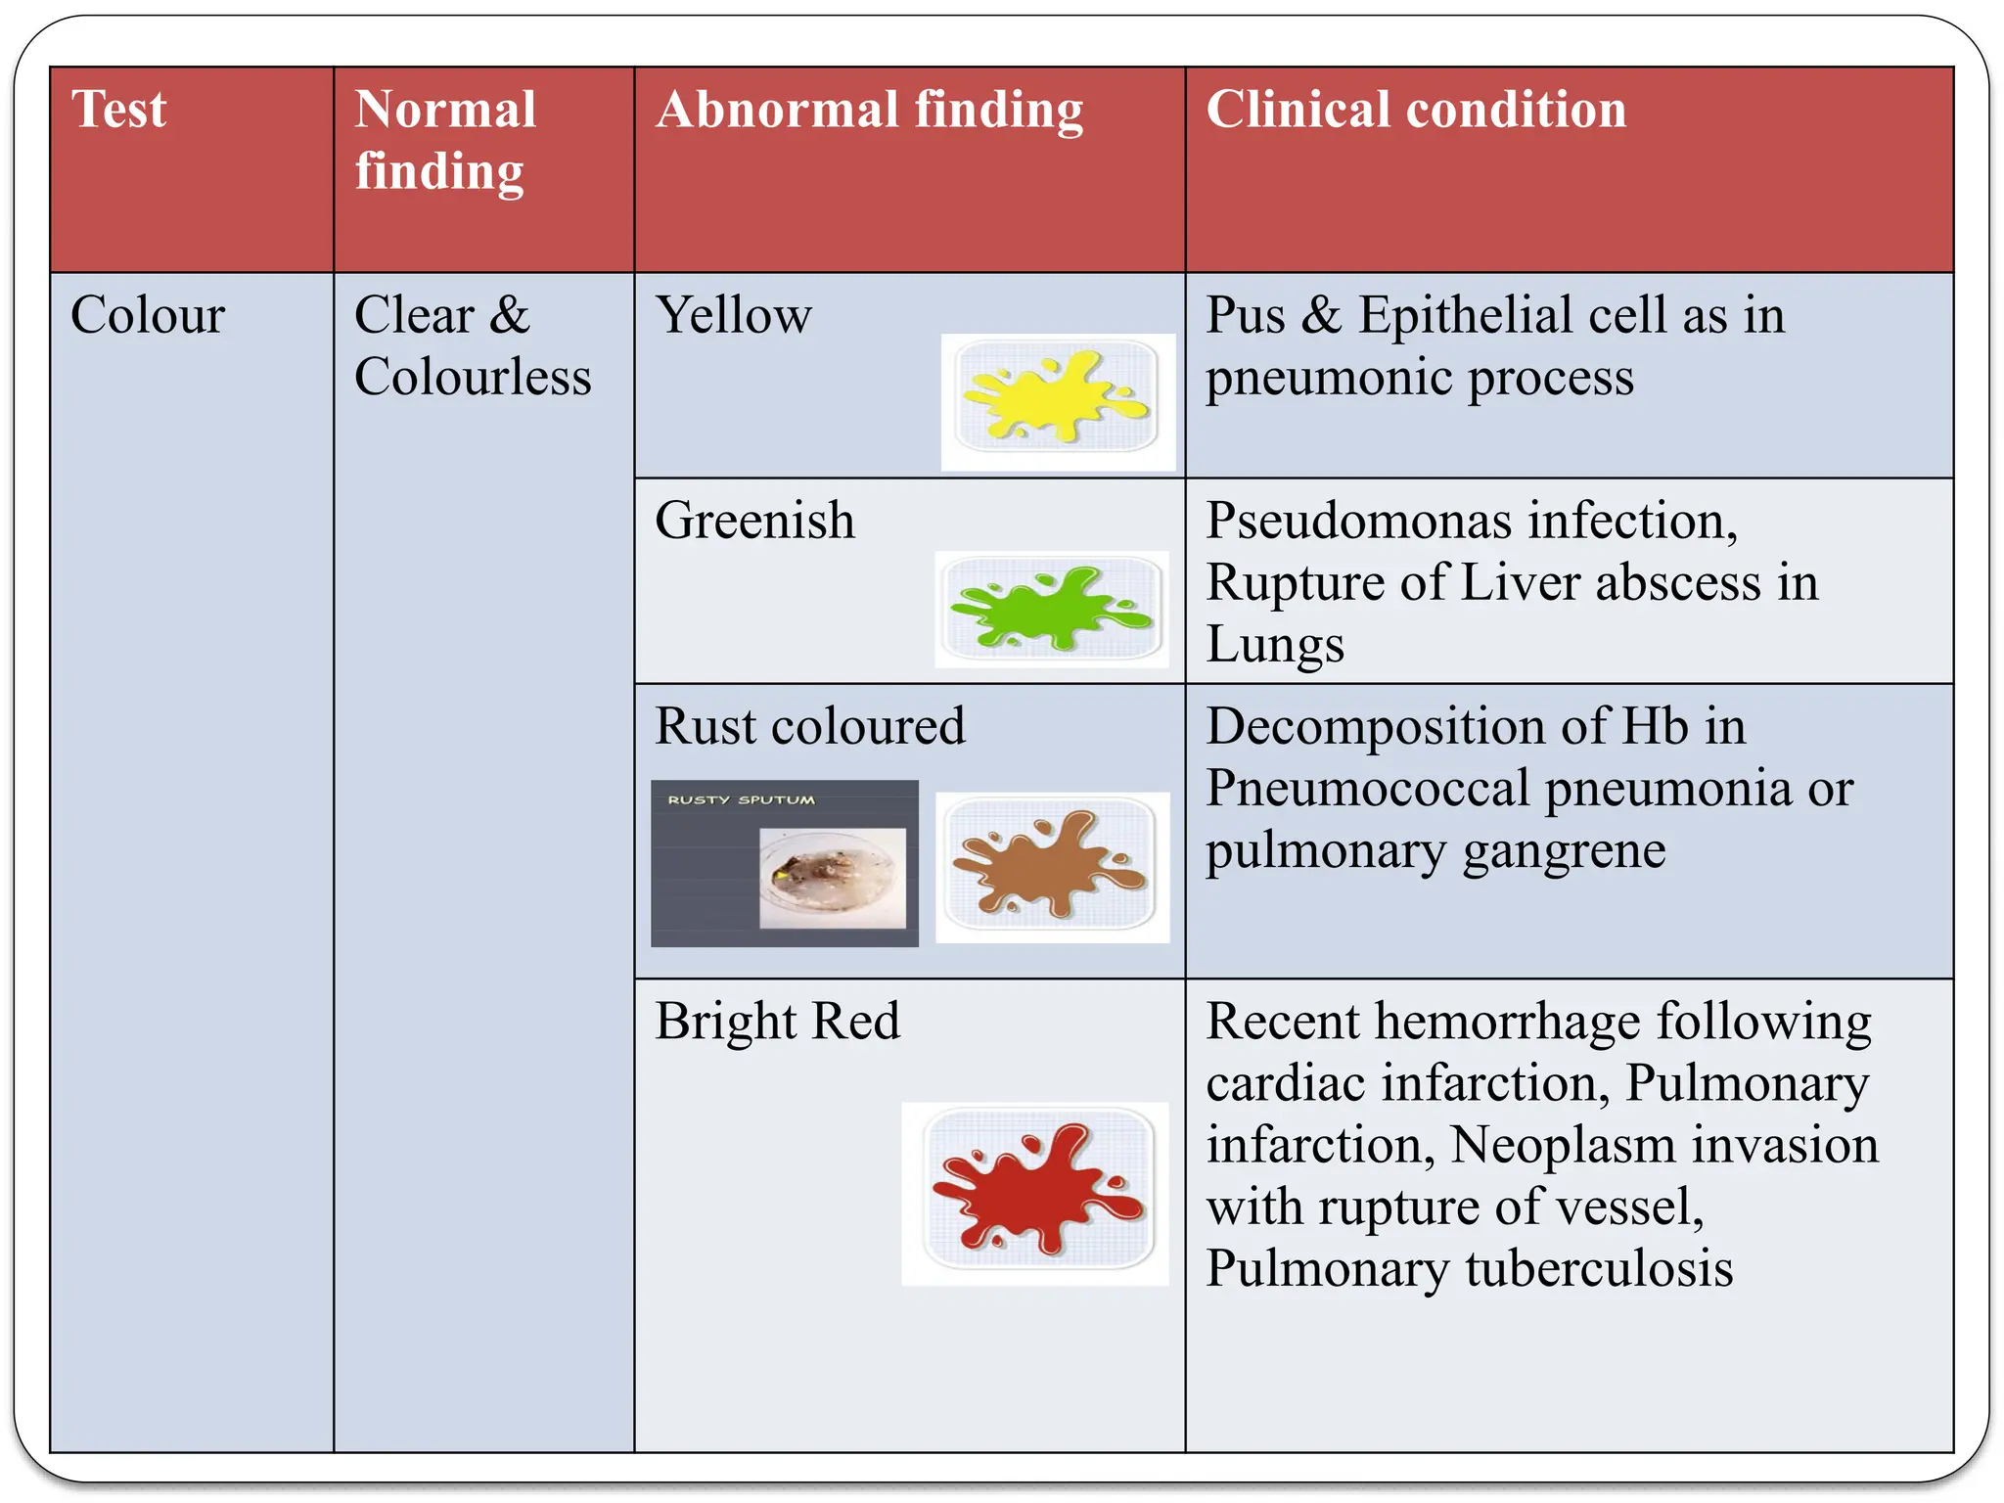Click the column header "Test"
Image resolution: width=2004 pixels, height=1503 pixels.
[118, 109]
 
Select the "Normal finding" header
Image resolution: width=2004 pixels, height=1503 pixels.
[445, 139]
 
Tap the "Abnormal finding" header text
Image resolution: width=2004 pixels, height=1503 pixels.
[869, 110]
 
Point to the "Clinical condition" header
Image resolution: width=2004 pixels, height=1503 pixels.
[1415, 110]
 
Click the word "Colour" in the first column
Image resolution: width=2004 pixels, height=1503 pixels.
[148, 315]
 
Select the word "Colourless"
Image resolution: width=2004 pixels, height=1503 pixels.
[473, 377]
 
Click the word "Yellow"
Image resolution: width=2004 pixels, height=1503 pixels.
[733, 315]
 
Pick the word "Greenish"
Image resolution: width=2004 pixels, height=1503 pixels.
[754, 520]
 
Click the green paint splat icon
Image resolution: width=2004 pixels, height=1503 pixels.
[1052, 609]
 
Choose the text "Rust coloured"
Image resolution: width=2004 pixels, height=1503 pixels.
[809, 726]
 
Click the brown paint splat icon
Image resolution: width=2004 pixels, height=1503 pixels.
[1051, 865]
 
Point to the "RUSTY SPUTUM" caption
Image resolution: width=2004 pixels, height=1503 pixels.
[741, 799]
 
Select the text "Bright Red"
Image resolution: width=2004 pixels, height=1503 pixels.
[777, 1022]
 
